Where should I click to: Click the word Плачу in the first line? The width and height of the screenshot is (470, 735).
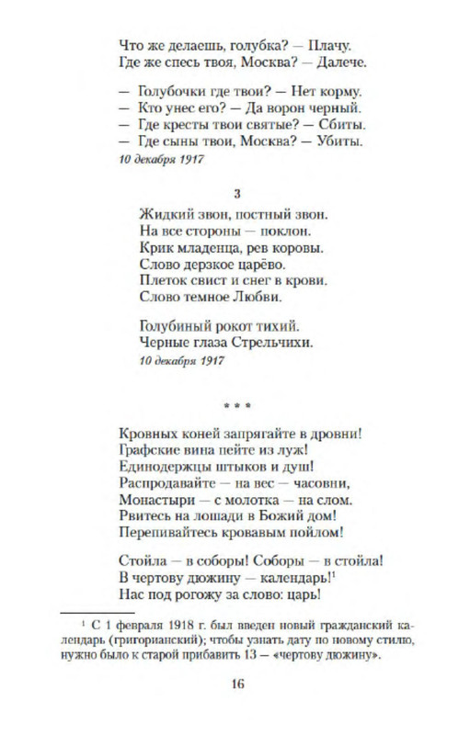334,42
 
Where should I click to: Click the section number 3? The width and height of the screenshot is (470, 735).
237,193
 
